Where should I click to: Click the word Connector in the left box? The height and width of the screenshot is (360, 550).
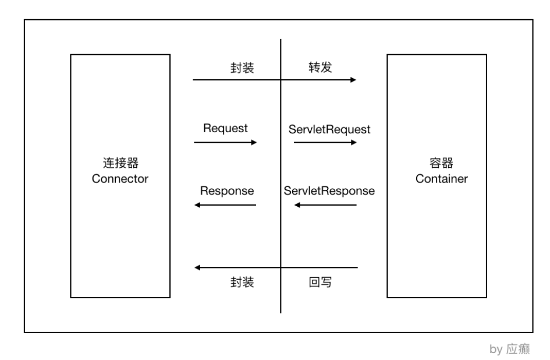pos(120,178)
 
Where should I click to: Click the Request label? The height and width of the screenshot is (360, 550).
pos(225,128)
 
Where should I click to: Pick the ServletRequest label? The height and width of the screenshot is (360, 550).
pos(329,129)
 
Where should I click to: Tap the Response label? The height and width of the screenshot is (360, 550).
pos(227,190)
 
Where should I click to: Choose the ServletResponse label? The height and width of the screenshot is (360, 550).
pos(329,190)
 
